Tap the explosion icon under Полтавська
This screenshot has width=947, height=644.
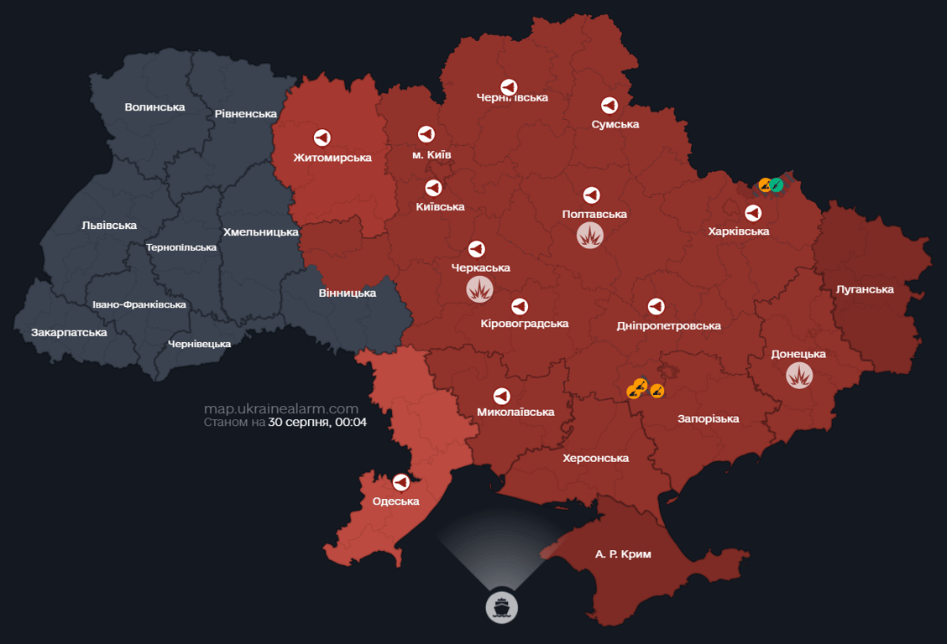point(590,235)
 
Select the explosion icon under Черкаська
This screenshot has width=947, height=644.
point(479,289)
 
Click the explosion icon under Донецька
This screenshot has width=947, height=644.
point(799,375)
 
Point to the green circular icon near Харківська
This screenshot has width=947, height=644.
point(777,184)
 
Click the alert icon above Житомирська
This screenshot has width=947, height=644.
point(322,138)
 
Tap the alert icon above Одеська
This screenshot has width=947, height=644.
point(401,482)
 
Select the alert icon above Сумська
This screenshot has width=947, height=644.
point(610,105)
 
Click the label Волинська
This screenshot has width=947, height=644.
point(154,106)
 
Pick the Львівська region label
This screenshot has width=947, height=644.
point(109,225)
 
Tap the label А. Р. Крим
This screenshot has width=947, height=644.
point(623,554)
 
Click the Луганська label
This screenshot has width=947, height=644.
point(865,289)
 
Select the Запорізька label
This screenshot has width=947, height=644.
point(709,418)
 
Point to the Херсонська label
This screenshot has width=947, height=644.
point(595,458)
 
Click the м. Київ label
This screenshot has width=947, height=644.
point(432,155)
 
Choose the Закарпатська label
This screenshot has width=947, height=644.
point(69,332)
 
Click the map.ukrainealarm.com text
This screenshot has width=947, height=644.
point(281,408)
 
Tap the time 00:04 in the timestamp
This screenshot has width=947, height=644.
point(350,422)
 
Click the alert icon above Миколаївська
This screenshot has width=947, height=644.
point(501,395)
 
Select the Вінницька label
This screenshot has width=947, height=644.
point(348,293)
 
